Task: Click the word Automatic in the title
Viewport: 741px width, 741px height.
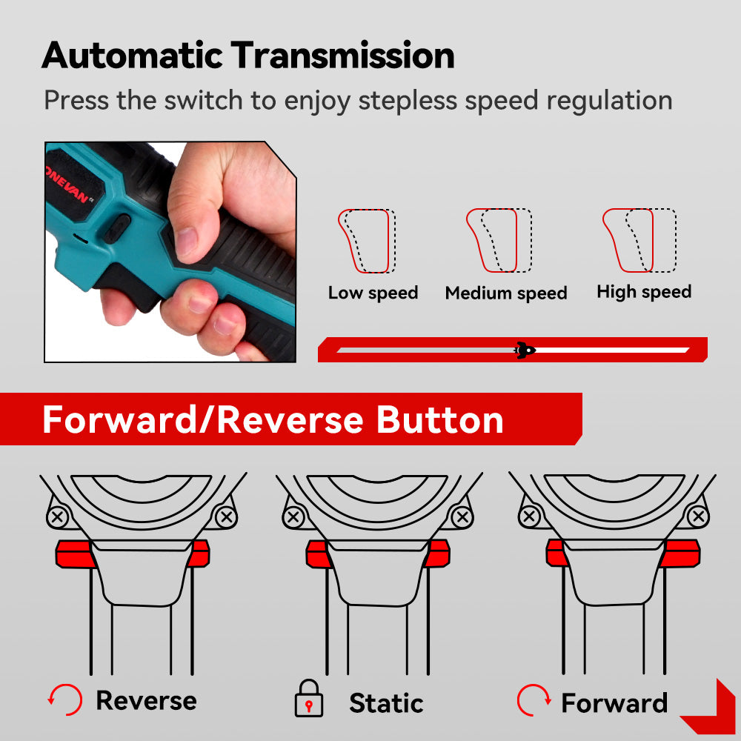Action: coord(133,56)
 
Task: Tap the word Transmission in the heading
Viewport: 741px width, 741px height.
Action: coord(342,56)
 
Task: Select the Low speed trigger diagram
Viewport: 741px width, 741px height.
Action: coord(367,241)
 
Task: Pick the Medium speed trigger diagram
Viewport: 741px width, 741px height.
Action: coord(499,241)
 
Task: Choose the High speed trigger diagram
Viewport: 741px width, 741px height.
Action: coord(639,241)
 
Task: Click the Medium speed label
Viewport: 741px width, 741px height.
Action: coord(506,293)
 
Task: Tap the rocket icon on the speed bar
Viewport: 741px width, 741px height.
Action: coord(525,350)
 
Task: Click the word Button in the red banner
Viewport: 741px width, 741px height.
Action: coord(440,419)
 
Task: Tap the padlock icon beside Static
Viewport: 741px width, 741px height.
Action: coord(309,699)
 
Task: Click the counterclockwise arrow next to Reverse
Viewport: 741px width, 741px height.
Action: coord(66,700)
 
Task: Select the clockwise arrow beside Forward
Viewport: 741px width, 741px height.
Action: coord(534,700)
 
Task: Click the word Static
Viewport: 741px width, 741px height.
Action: coord(386,702)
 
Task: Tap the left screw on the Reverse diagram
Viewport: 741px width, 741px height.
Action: coord(58,516)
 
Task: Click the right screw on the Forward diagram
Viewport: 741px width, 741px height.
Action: coord(698,516)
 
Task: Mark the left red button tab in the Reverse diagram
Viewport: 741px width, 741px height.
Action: coord(74,554)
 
